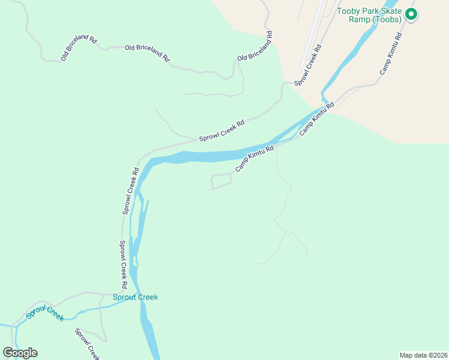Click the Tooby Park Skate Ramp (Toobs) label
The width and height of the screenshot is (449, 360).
tap(369, 15)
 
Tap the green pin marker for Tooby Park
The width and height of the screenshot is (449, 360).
tap(411, 14)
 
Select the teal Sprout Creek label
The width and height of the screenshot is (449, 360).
tap(135, 297)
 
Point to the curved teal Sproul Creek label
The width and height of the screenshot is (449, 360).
tap(44, 313)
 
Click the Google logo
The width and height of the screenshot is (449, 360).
tap(20, 353)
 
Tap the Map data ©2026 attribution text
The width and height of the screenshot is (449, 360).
tap(423, 355)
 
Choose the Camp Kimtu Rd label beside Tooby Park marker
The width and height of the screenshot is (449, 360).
tap(390, 53)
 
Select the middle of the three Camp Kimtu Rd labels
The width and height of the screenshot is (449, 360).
tap(316, 119)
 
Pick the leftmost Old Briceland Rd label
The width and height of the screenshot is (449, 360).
tap(79, 48)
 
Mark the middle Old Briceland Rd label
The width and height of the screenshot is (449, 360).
tap(147, 53)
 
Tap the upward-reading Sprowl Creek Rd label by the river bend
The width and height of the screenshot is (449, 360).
tap(130, 191)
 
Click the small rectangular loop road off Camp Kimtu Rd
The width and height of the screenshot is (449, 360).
tap(221, 180)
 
